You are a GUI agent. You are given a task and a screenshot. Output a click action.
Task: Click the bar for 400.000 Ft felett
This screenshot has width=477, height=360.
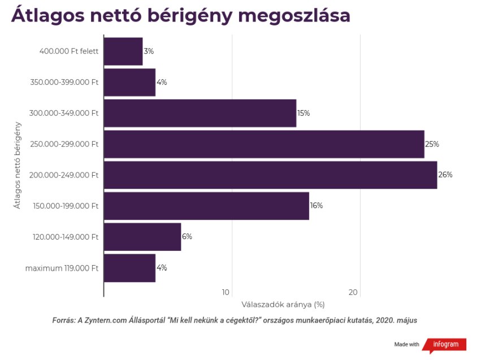(x=123, y=51)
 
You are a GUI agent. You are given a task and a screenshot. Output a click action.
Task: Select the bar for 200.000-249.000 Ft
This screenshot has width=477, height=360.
(x=270, y=175)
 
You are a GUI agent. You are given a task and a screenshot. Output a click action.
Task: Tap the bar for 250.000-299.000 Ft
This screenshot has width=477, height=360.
(x=264, y=144)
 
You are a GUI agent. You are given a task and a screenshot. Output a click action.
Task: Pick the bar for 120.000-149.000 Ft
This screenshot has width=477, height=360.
(x=142, y=237)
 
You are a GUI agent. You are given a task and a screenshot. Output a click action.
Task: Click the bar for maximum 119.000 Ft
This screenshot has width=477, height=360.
(x=129, y=268)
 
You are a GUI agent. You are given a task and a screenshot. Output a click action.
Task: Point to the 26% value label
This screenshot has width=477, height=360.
(x=445, y=175)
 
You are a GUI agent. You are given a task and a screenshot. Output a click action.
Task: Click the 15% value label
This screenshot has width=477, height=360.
(x=303, y=113)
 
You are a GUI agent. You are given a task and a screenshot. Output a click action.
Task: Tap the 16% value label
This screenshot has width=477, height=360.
(x=316, y=206)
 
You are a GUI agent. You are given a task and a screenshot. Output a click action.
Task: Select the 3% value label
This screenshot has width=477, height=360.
(x=149, y=51)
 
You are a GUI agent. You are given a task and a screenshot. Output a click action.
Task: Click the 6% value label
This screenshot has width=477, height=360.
(x=187, y=237)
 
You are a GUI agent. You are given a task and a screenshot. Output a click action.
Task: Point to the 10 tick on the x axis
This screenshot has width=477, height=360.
(x=226, y=292)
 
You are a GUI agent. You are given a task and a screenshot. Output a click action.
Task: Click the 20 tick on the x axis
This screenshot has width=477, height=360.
(x=353, y=292)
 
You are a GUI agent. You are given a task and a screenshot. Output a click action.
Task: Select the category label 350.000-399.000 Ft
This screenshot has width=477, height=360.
(x=64, y=83)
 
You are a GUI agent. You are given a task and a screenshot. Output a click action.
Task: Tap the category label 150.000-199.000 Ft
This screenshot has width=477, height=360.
(x=64, y=206)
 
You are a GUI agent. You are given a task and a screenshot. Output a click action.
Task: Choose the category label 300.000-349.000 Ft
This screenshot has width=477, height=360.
(x=64, y=113)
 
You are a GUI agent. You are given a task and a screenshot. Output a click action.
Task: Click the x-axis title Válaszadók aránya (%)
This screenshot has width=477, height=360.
(x=283, y=305)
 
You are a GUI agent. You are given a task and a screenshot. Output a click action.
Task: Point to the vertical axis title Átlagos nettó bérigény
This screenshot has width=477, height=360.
(x=18, y=164)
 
